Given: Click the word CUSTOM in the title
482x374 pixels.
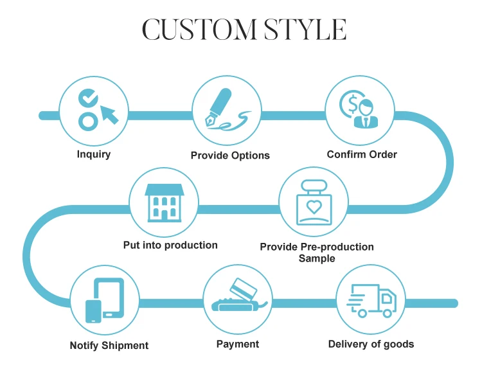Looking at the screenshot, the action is tap(193, 30).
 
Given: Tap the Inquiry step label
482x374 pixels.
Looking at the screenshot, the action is tap(94, 154).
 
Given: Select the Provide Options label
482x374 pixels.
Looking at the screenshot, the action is tap(230, 156).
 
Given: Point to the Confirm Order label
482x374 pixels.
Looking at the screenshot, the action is tap(362, 154).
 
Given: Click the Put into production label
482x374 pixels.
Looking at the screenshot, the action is tap(170, 245).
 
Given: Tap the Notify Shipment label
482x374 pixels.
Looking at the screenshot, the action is tap(109, 346).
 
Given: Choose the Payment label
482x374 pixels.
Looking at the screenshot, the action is tap(238, 344).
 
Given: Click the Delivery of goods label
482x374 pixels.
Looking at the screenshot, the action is tap(371, 344).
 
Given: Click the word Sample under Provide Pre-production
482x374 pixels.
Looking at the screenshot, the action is tap(317, 258).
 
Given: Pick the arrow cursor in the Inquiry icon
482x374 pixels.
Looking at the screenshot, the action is tap(108, 114).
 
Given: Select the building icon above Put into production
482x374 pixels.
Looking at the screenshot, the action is tap(165, 200).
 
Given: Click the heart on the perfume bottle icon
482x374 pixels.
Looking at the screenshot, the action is tap(314, 208).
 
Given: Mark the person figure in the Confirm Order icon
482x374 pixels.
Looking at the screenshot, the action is tap(367, 112).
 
